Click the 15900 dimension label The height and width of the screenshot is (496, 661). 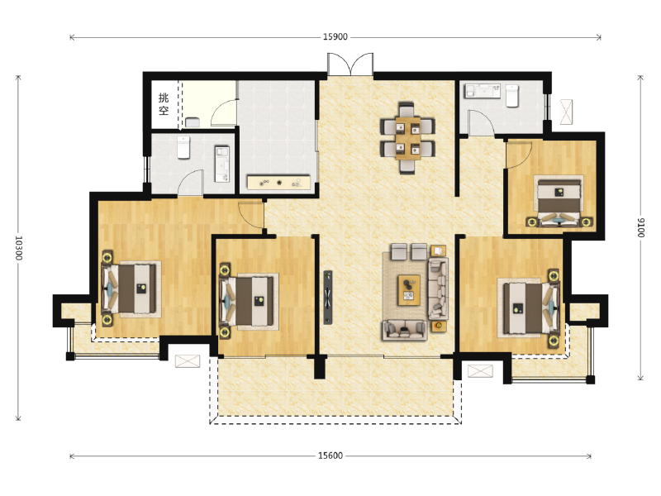pos(335,37)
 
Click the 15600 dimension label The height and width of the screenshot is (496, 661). pos(330,455)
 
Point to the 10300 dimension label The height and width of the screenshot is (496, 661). pos(18,248)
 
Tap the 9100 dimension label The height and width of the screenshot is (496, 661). pos(641,228)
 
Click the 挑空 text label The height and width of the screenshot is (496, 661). pos(164,104)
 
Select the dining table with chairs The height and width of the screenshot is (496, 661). pos(407,137)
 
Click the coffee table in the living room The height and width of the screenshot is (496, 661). pos(409,290)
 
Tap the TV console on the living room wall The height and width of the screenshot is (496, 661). pos(328,298)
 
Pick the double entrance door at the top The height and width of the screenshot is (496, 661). pos(350,64)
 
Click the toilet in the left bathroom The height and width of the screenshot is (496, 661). pos(183,147)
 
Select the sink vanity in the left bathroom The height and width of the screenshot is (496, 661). pos(222,164)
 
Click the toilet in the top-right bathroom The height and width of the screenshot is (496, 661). pos(511,96)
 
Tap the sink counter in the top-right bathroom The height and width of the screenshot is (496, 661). pos(483,91)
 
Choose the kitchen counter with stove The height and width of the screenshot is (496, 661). pos(278,182)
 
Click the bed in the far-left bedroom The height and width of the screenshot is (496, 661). pos(131,289)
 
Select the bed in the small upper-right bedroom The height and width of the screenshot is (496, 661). pos(559,200)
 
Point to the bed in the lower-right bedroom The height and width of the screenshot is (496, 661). pos(530,308)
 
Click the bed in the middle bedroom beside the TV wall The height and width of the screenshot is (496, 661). pos(249,301)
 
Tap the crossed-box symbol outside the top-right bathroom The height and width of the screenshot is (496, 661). pos(566,112)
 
